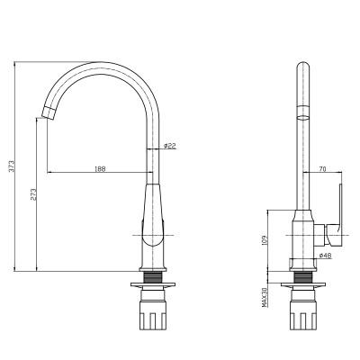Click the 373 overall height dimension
pos(12,166)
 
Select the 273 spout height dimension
pos(33,194)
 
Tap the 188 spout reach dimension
pos(100,169)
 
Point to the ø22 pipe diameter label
pos(169,146)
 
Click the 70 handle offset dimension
pos(322,169)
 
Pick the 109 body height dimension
pos(265,240)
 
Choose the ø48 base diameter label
pos(325,256)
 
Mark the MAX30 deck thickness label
pos(265,297)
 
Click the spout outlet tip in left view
pos(48,113)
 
